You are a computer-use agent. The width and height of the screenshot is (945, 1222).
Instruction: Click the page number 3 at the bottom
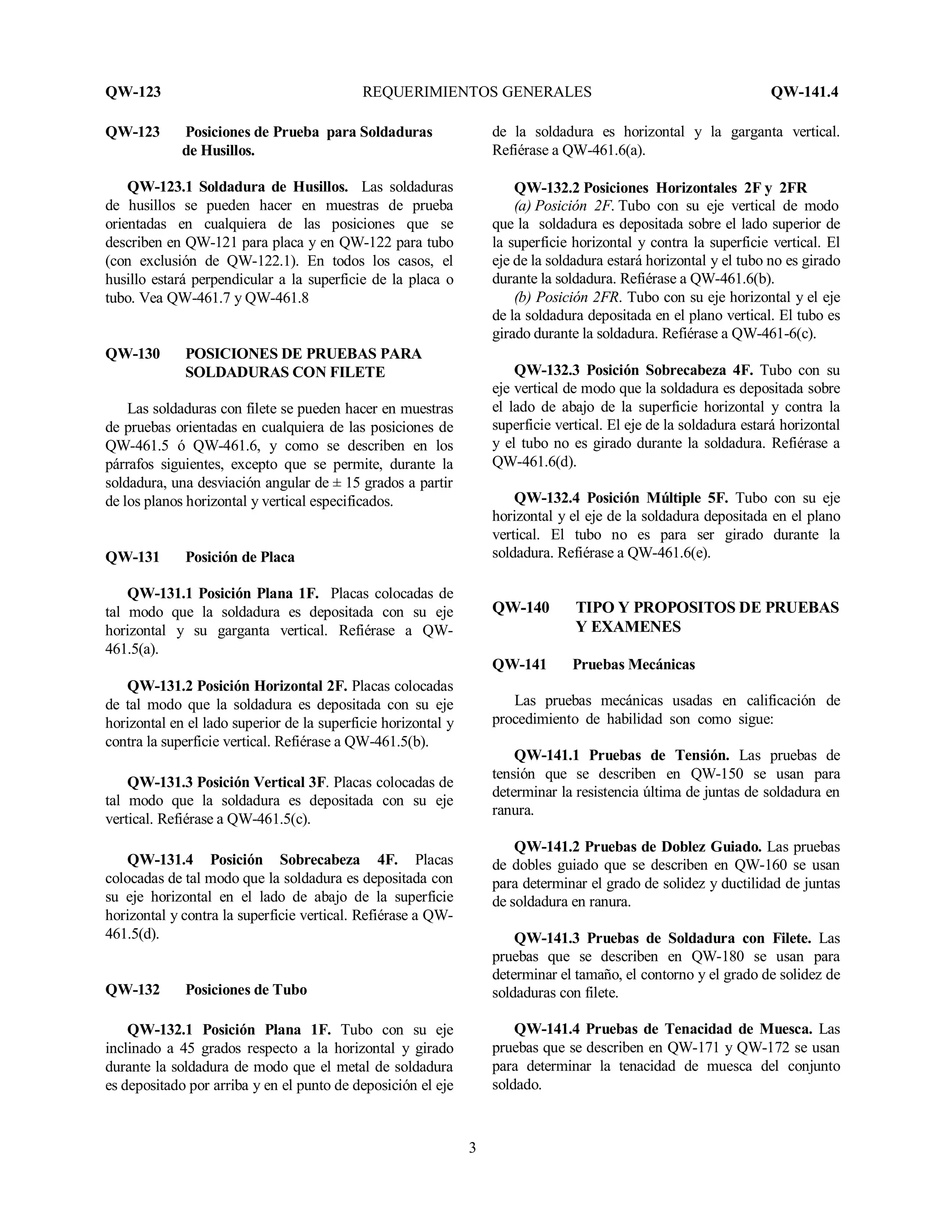click(472, 1148)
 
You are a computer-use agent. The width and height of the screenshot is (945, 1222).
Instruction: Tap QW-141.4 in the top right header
click(804, 92)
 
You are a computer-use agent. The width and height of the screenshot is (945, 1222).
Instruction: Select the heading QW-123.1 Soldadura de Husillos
click(237, 187)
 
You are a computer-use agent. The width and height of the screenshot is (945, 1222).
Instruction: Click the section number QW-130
click(133, 354)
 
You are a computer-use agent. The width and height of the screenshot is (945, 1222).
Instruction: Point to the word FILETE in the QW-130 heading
click(359, 372)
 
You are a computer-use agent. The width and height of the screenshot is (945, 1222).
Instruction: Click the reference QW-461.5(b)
click(386, 742)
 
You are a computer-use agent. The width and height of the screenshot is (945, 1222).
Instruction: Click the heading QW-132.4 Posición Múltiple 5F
click(622, 498)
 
